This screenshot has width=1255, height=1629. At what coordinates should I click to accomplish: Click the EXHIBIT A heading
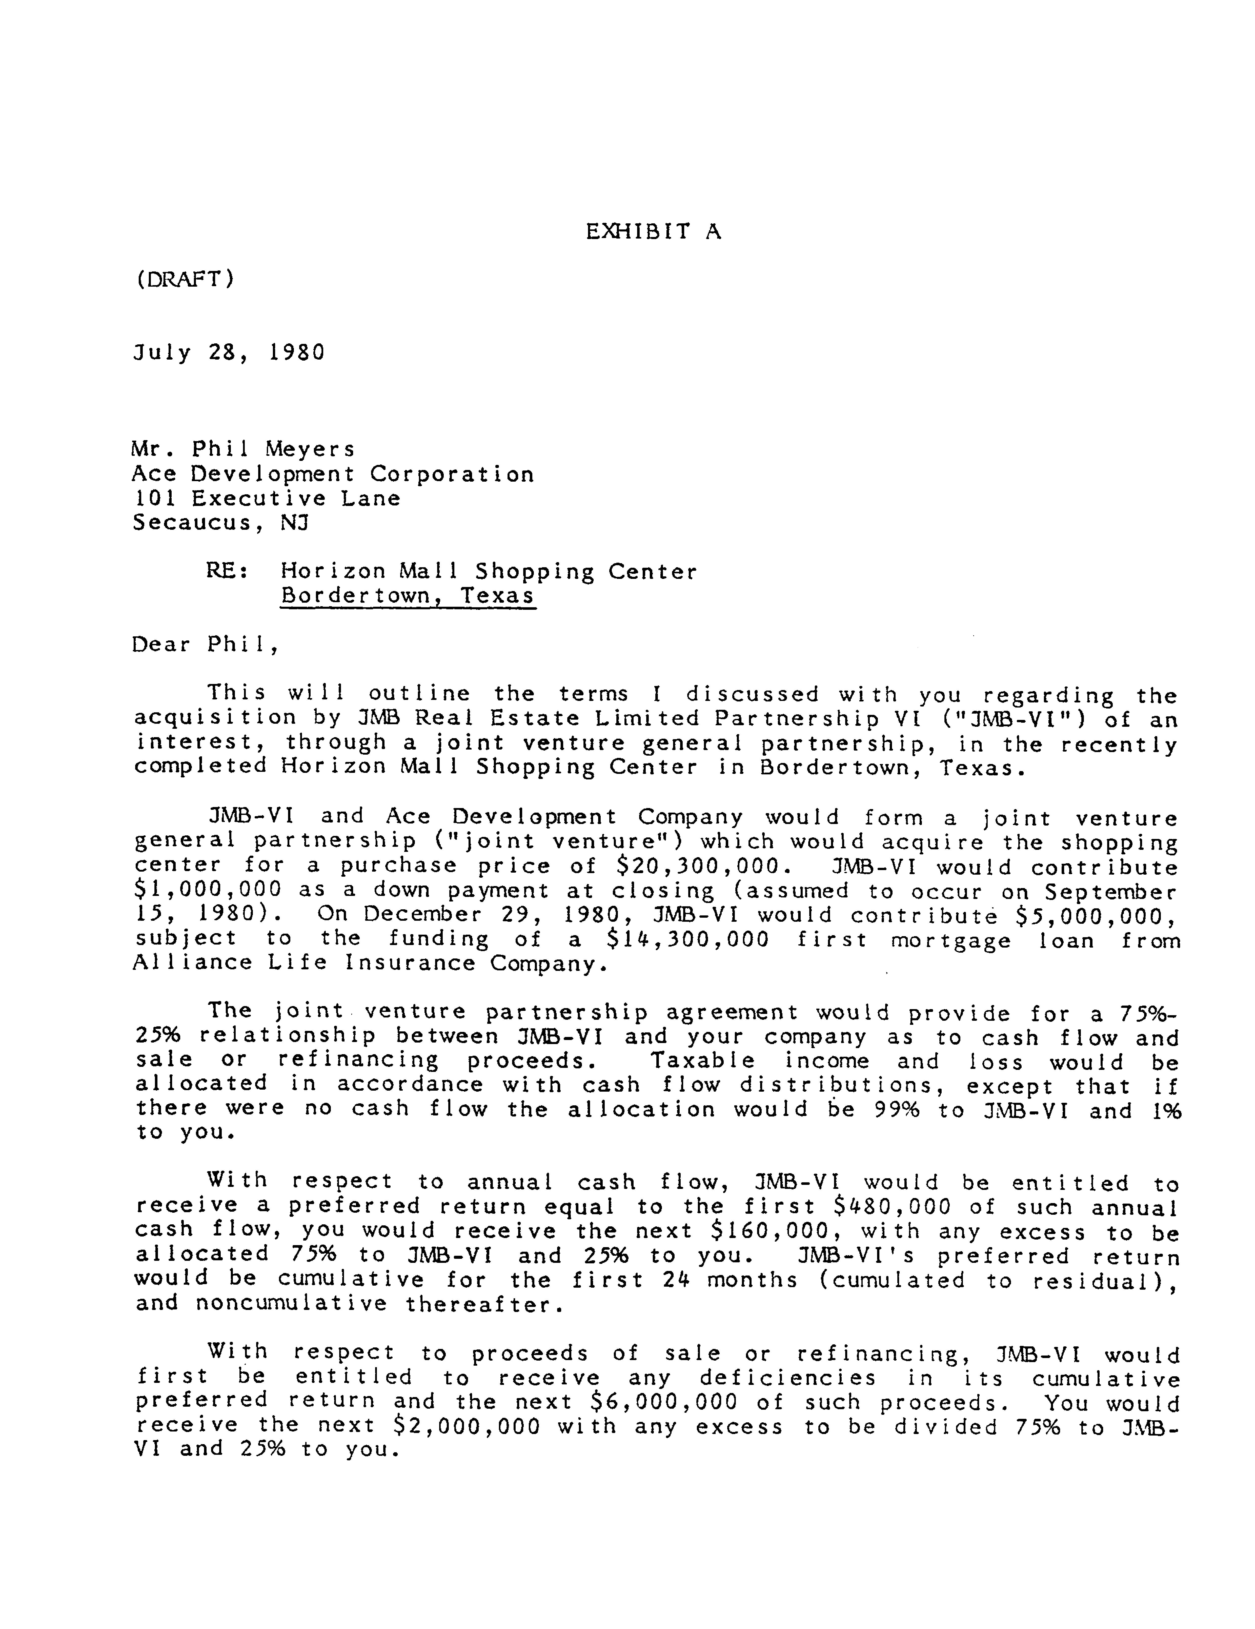click(x=653, y=232)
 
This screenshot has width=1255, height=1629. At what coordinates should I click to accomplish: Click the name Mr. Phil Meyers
click(x=244, y=449)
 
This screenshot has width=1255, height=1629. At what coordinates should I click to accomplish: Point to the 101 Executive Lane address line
click(x=266, y=498)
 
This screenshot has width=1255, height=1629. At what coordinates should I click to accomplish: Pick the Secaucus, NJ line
click(x=221, y=523)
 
